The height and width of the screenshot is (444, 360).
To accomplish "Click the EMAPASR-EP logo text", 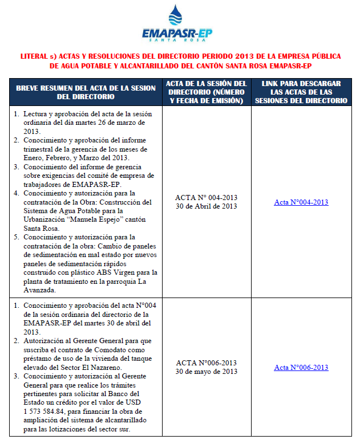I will coord(177,35).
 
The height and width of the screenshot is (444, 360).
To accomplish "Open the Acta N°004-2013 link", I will coord(301,202).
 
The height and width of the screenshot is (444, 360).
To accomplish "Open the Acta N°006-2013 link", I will coord(301,368).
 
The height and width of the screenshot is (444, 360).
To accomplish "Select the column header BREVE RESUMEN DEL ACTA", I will coord(86,92).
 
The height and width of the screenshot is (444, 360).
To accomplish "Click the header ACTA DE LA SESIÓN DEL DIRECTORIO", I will coord(207,92).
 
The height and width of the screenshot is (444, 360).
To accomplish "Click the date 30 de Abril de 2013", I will coord(206,206).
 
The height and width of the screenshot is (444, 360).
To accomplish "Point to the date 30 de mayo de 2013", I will coord(206,372).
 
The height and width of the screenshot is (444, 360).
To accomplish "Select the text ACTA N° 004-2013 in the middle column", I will coord(206,198).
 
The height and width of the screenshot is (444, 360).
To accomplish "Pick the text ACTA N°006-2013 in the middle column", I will coord(206,363).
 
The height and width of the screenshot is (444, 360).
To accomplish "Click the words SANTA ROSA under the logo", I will coord(177,43).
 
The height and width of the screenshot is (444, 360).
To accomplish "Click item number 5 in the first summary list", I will coord(17,237).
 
